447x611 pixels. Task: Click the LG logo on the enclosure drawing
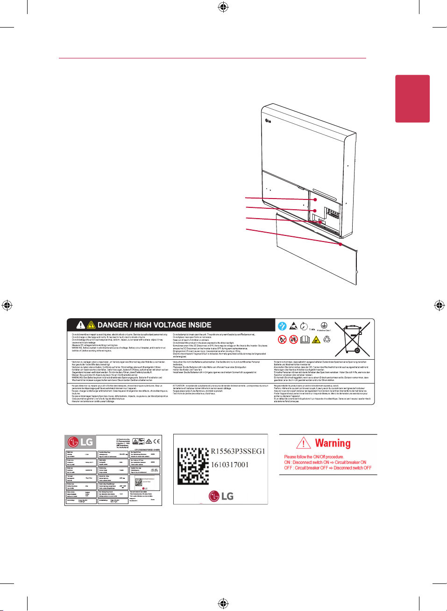[268, 121]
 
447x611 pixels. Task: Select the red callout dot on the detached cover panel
[341, 244]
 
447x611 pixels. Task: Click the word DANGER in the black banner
[113, 325]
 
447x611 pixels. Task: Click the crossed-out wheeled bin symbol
[353, 339]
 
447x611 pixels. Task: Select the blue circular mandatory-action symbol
[282, 326]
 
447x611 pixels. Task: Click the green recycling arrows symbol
[327, 339]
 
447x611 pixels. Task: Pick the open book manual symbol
[305, 339]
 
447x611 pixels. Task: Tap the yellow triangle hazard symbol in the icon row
[316, 340]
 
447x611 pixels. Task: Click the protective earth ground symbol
[324, 325]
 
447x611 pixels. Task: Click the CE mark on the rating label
[156, 441]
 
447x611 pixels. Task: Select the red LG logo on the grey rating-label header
[73, 442]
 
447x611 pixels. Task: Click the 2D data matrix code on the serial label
[193, 466]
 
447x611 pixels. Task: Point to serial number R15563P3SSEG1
[238, 451]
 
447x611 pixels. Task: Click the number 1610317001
[230, 465]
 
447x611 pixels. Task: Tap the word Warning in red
[333, 443]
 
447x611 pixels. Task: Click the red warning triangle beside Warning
[304, 443]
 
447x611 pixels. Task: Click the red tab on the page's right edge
[412, 99]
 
